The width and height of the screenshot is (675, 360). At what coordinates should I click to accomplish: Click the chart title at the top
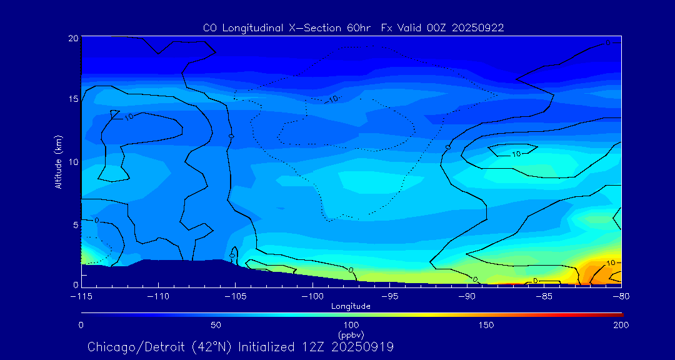pyautogui.click(x=353, y=28)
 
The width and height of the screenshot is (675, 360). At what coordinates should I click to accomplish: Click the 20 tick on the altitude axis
pyautogui.click(x=72, y=38)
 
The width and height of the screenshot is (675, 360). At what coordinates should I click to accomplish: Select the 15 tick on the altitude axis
pyautogui.click(x=72, y=99)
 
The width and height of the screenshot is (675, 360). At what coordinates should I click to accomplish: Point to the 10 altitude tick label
pyautogui.click(x=72, y=162)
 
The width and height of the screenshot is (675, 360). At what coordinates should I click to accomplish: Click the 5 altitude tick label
pyautogui.click(x=75, y=224)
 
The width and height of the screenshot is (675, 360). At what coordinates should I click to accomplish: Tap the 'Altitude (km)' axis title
pyautogui.click(x=58, y=162)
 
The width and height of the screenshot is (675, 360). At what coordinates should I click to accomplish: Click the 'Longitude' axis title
pyautogui.click(x=351, y=306)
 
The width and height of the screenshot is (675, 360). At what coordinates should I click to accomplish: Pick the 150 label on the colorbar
pyautogui.click(x=486, y=325)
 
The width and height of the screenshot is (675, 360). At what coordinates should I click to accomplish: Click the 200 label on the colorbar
pyautogui.click(x=621, y=325)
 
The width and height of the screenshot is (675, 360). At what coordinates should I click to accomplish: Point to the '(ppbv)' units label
pyautogui.click(x=351, y=334)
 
